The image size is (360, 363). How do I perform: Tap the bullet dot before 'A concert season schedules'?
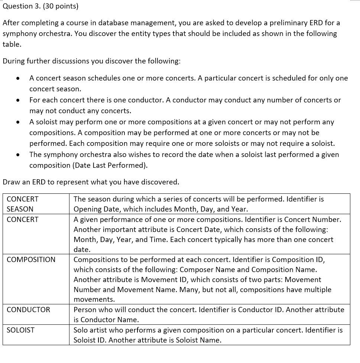click(17, 79)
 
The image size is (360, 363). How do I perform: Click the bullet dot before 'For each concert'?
click(17, 101)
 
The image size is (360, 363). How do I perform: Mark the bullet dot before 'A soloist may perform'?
click(17, 122)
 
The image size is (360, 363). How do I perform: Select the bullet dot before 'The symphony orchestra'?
click(17, 155)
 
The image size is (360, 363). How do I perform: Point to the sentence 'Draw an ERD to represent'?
click(91, 182)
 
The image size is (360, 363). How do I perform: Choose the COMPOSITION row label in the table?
click(31, 259)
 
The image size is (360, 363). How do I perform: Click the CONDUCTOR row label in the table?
click(28, 310)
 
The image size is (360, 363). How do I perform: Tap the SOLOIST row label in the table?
click(20, 330)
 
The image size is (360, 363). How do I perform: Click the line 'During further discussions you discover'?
click(91, 61)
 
